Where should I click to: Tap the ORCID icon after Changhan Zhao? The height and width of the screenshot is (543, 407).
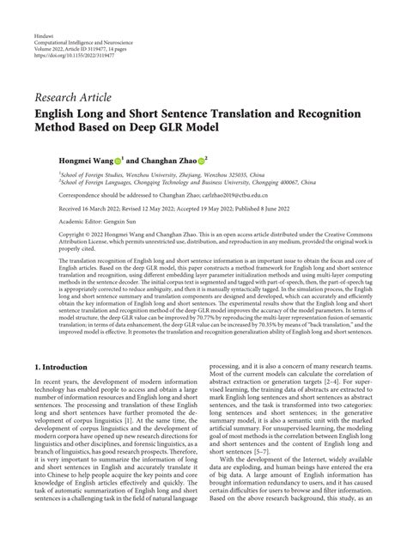[202, 160]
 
